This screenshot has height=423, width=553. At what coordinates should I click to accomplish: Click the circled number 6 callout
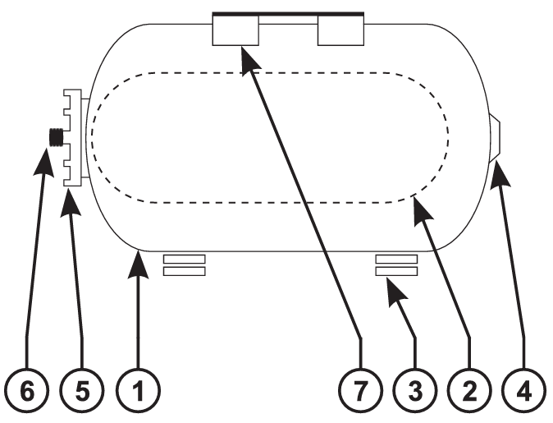tap(27, 390)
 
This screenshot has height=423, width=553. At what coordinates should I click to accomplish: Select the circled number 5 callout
tap(82, 390)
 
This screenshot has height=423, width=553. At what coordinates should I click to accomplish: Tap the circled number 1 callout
tap(138, 390)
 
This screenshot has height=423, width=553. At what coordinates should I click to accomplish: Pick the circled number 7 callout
tap(360, 390)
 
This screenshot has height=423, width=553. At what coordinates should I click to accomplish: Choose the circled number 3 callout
tap(415, 390)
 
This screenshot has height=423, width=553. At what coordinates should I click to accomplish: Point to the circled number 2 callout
tap(470, 390)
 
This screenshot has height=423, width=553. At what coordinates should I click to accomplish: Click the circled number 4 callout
tap(524, 390)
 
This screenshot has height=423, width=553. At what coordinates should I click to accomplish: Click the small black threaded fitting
tap(55, 137)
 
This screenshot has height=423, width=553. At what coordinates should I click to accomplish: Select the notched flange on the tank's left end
tap(73, 138)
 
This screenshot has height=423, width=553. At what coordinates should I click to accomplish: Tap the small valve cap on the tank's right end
tap(495, 138)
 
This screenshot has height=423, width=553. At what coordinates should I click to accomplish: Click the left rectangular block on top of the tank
tap(235, 30)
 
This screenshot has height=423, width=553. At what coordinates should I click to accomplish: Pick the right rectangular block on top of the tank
tap(340, 30)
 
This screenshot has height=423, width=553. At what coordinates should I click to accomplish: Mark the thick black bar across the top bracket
tap(288, 14)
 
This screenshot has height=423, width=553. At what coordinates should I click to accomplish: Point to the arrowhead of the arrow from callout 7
tap(249, 60)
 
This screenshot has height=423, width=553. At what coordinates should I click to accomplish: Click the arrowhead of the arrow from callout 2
tap(423, 211)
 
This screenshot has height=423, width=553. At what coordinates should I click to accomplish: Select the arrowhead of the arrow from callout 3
tap(395, 292)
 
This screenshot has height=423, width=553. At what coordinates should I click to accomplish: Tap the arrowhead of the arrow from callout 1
tap(138, 264)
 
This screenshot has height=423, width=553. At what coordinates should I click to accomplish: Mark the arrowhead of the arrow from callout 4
tap(500, 173)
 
